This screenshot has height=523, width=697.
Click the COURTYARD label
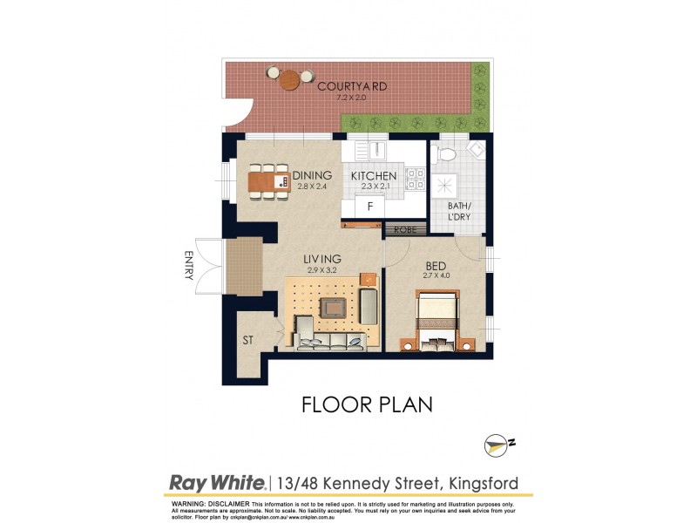352,86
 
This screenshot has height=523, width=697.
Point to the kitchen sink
376,151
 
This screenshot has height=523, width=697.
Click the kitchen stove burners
416,180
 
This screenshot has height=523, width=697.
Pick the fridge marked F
370,207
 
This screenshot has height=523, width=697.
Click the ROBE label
404,229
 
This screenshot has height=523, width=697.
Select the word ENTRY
187,265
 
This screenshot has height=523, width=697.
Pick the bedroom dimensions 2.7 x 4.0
437,276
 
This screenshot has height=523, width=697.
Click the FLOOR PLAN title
366,404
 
